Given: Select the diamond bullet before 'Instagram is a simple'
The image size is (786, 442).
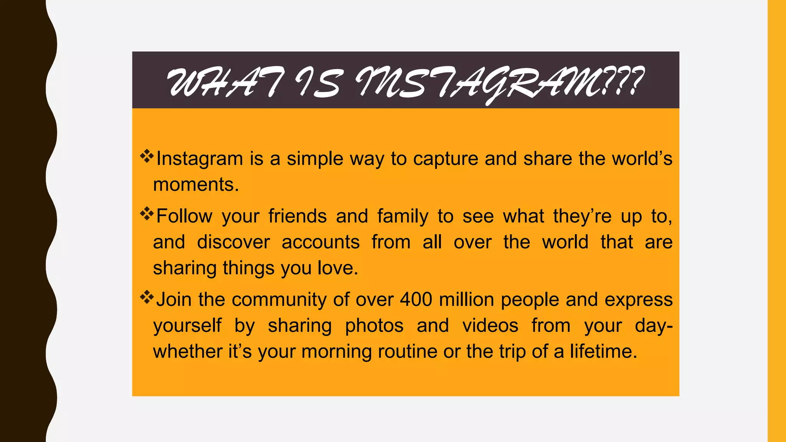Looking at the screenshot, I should click(x=147, y=156).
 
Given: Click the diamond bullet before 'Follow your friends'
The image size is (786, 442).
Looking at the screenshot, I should click(x=147, y=214).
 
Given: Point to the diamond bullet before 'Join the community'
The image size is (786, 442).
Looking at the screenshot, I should click(x=147, y=297).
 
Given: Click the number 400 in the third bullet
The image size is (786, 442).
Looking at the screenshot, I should click(x=416, y=299).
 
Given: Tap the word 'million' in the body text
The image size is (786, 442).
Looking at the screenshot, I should click(x=466, y=299).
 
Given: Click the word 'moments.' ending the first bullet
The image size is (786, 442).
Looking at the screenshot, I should click(x=196, y=185).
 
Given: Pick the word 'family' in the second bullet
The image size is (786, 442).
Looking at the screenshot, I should click(x=403, y=216).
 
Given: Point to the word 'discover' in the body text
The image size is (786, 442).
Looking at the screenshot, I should click(x=233, y=242).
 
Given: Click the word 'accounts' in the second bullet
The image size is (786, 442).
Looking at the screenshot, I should click(x=320, y=242).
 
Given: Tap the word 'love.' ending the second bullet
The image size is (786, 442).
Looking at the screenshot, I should click(x=338, y=268).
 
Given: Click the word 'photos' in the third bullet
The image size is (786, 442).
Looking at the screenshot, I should click(x=374, y=326).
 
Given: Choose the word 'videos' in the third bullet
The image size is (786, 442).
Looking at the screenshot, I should click(x=490, y=326).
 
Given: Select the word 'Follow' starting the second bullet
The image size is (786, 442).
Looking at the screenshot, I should click(x=184, y=216).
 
